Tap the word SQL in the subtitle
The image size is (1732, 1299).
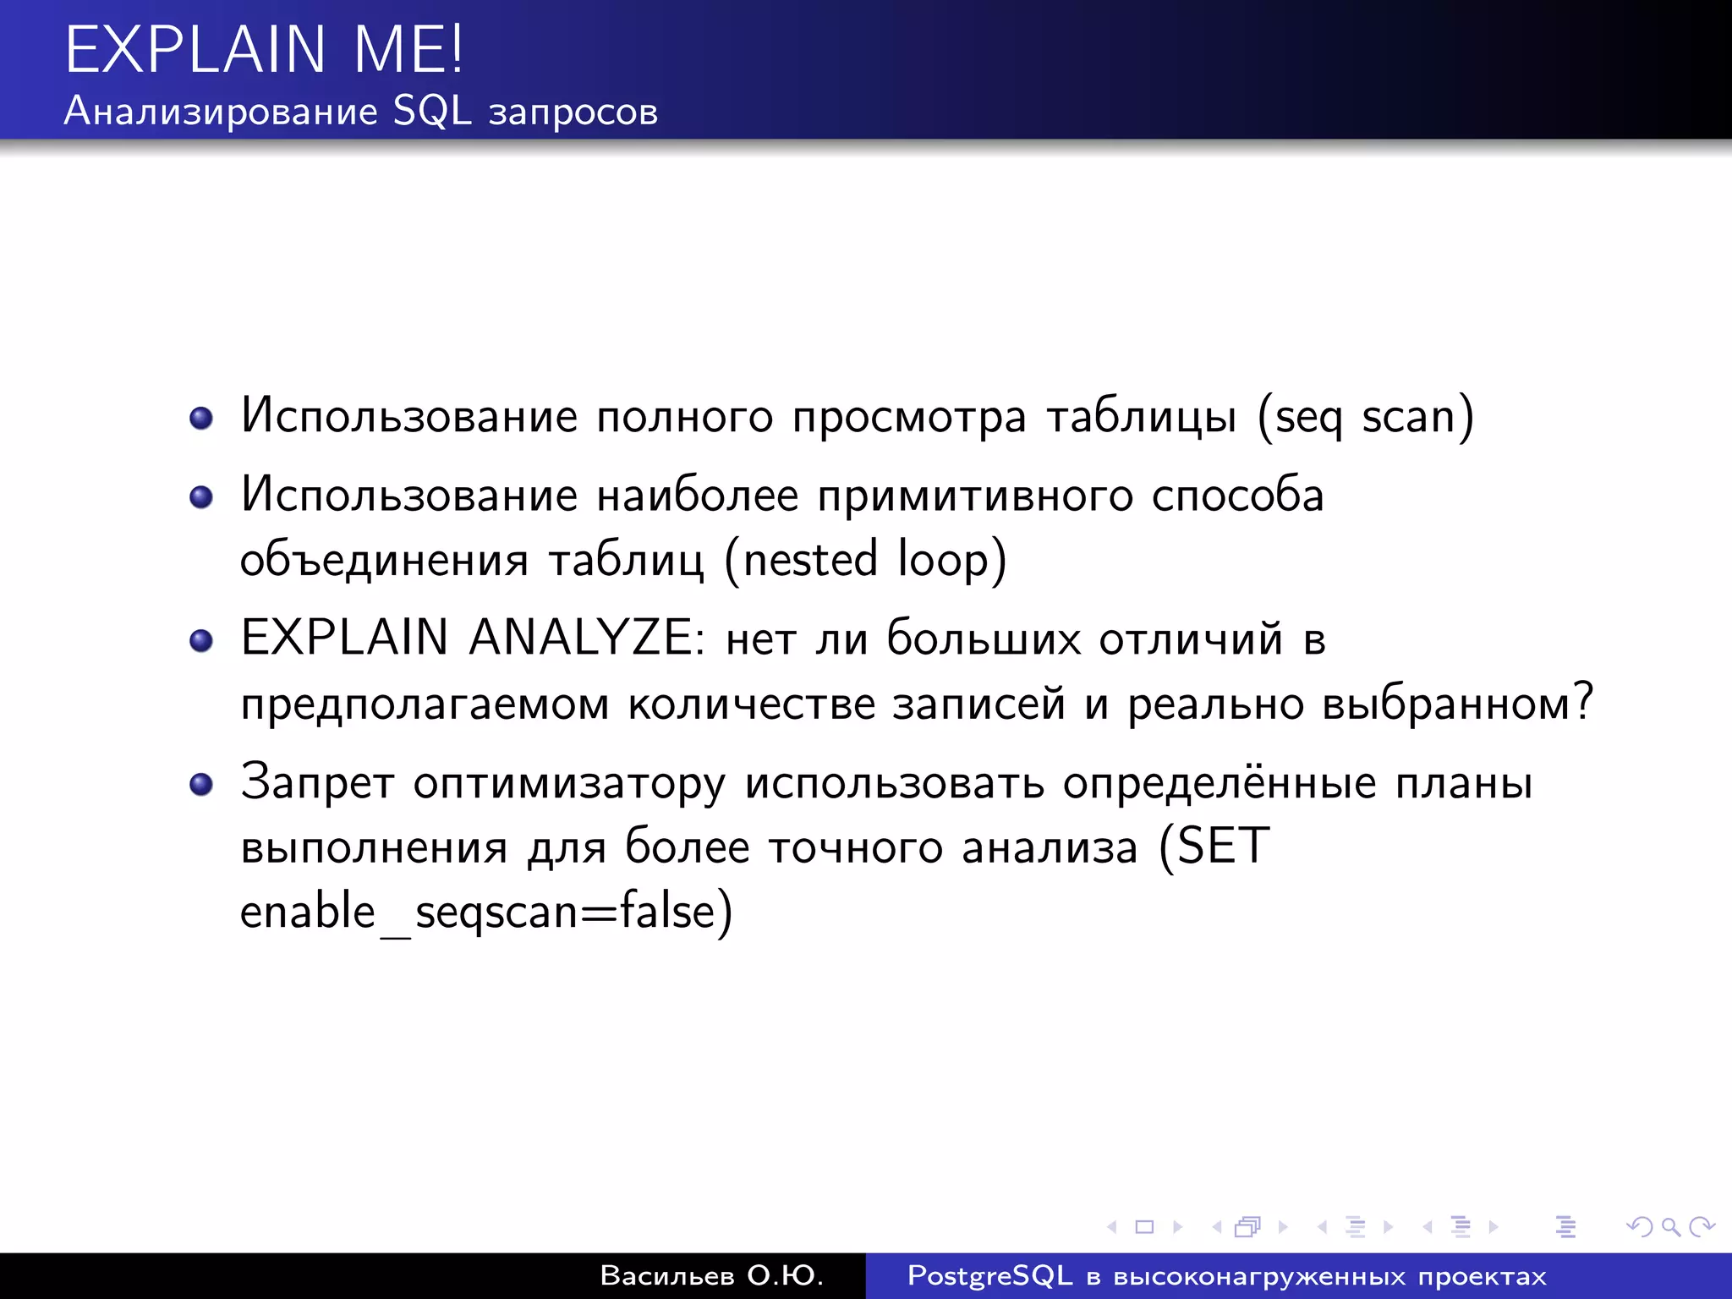click(432, 111)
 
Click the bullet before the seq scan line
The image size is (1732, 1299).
click(201, 418)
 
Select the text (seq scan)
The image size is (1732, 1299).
click(1365, 417)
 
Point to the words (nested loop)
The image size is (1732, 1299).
click(865, 561)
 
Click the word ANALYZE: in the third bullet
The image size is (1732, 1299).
click(586, 638)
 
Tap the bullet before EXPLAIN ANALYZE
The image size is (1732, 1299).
click(201, 640)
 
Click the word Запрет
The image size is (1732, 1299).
click(317, 782)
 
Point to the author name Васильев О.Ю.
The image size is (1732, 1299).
click(711, 1275)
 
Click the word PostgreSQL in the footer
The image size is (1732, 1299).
click(989, 1275)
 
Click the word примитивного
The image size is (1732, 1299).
click(975, 496)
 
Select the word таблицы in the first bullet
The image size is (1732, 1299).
click(1142, 417)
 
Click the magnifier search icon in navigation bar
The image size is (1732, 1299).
click(1670, 1226)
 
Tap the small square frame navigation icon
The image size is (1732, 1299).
click(1144, 1226)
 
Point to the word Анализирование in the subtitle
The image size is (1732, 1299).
click(221, 111)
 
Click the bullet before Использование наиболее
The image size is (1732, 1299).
click(201, 496)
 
